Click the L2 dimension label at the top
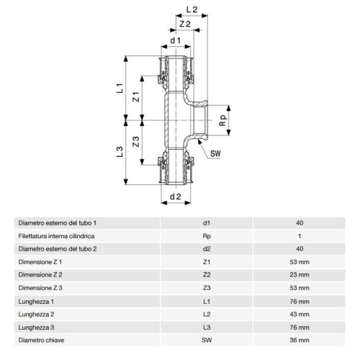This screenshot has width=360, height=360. point(192,9)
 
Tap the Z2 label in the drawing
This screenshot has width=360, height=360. point(185,24)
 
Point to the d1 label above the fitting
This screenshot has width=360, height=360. point(176,40)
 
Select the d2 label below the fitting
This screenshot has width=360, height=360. point(176,197)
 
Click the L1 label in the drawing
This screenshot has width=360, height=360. point(120,88)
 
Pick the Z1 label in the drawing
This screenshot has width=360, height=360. point(136,96)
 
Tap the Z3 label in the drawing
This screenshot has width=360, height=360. point(136,141)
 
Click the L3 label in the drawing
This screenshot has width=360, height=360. point(120,152)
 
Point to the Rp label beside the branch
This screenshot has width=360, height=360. point(222,120)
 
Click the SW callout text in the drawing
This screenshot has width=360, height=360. point(215,153)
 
